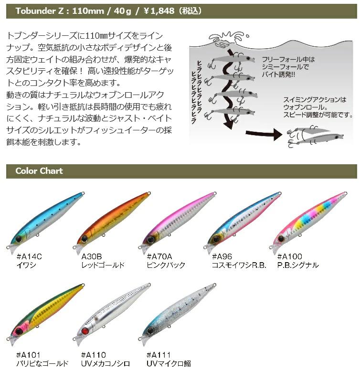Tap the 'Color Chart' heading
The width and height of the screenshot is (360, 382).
(39, 171)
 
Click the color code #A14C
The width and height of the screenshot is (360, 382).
(29, 256)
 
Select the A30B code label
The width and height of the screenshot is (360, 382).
(92, 256)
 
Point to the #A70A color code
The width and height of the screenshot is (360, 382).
(159, 256)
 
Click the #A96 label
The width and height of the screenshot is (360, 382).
(222, 256)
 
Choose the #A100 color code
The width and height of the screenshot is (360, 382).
(290, 256)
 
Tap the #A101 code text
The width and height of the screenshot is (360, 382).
(28, 355)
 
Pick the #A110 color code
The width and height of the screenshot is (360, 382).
(94, 355)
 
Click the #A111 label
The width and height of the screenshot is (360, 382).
(159, 355)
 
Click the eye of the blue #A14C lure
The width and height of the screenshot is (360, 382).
(19, 239)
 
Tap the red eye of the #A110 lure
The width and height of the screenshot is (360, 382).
(85, 331)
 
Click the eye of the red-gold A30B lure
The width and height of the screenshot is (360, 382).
(85, 239)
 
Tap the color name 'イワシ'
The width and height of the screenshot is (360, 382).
(26, 265)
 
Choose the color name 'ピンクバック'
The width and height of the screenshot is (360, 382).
(166, 265)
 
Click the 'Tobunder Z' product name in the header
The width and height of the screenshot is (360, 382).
(40, 11)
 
